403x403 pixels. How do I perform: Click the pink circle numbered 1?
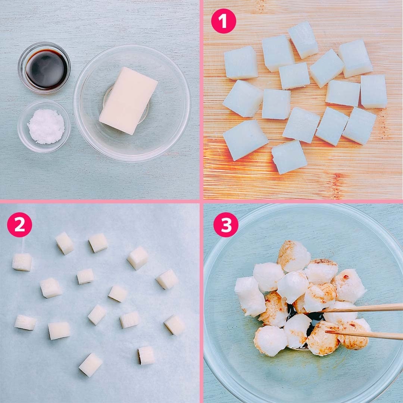point(224,21)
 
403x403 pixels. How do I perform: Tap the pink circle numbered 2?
point(19,224)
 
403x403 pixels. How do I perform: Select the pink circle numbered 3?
point(226,224)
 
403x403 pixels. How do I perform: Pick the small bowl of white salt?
point(44,126)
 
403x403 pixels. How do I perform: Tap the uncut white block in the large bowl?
point(128,100)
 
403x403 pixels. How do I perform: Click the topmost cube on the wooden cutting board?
point(303,40)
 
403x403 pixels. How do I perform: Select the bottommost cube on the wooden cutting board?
point(289,157)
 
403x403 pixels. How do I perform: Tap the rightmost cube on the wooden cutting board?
point(374,91)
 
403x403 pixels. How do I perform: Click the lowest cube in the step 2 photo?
point(90,365)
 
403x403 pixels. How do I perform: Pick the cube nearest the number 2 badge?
point(22,262)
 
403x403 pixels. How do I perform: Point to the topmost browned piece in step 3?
point(294,256)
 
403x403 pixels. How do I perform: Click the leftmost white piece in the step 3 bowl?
point(250,296)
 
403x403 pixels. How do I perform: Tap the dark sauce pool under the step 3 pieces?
point(306,319)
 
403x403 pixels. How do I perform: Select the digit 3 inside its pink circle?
point(226,225)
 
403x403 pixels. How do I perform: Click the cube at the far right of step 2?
point(175,325)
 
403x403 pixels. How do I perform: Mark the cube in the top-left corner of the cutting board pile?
point(241,63)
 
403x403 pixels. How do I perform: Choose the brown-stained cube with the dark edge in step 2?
point(146,356)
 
